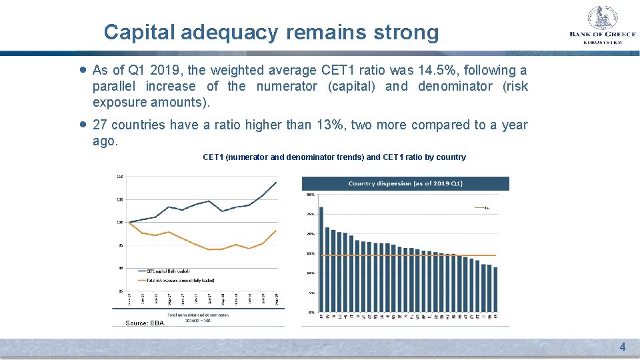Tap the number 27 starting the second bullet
[x=100, y=125]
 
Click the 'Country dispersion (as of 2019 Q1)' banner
[x=405, y=183]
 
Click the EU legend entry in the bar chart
[x=485, y=208]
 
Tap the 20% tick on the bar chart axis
[x=310, y=234]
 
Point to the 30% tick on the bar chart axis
[x=310, y=195]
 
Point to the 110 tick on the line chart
[x=119, y=177]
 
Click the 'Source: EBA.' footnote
[x=145, y=323]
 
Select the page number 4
[x=622, y=347]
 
